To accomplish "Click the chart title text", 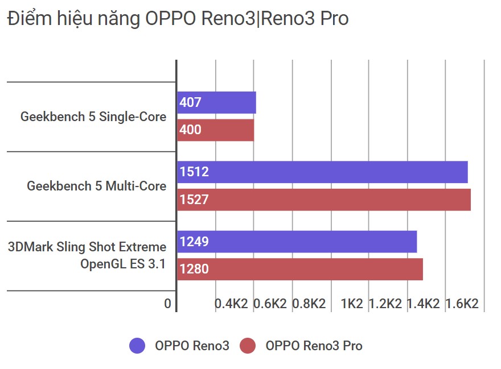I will (x=177, y=19).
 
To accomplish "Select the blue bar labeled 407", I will (x=216, y=103).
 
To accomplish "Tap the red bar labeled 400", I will (x=215, y=130).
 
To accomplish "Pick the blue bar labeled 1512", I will (x=322, y=172).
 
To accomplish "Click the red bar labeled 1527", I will (x=323, y=200).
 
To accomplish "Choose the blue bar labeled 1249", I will (x=297, y=242).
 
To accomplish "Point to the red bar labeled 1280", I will (x=299, y=269).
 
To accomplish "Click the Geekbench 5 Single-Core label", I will (x=93, y=117).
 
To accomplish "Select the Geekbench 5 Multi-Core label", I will (x=97, y=186).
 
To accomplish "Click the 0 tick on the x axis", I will (x=167, y=304).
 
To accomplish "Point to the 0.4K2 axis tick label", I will (x=231, y=304).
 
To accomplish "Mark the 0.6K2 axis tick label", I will (x=270, y=304).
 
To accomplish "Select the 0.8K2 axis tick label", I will (x=309, y=304).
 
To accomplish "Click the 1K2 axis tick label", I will (x=352, y=304).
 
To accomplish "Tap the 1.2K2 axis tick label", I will (x=385, y=304).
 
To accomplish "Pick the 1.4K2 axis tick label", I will (x=424, y=304).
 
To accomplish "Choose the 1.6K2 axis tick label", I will (x=462, y=304).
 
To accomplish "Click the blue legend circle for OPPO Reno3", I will (x=138, y=346).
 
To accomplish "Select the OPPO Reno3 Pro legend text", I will (x=314, y=346).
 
